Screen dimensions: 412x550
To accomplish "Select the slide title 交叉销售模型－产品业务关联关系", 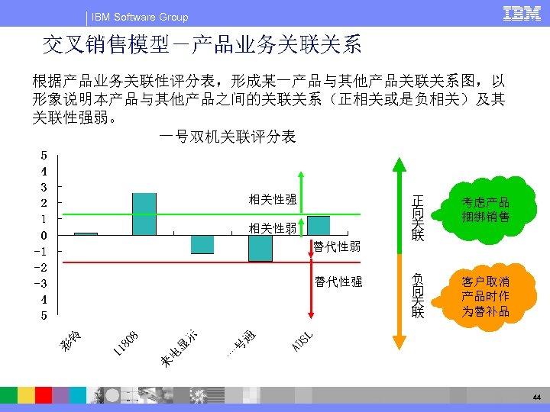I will coord(202,46).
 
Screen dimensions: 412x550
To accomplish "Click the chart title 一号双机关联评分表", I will coord(227,137).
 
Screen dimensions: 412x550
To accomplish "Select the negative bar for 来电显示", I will coord(202,243).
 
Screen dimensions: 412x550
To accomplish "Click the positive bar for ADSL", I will coord(319,225).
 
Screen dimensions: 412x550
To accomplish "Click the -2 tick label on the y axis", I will coord(44,267).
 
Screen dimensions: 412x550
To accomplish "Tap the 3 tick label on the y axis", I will coord(44,187).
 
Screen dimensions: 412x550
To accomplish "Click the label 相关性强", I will coord(273,200).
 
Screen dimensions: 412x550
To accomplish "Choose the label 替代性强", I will coord(338,282).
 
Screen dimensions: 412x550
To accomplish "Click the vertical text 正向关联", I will coord(417,217).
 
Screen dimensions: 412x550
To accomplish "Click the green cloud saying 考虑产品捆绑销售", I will coord(485,210).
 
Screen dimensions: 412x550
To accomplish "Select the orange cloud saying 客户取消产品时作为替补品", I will coord(485,296).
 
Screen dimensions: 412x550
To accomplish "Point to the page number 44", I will coord(537,398).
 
